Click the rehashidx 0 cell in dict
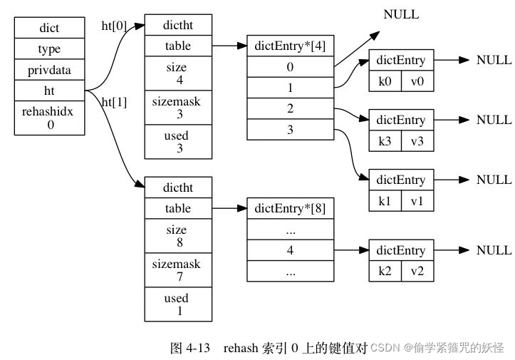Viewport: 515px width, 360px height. click(49, 118)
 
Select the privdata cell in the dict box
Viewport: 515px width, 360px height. click(49, 70)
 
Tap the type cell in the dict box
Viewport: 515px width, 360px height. click(49, 49)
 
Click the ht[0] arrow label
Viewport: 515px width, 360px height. click(114, 27)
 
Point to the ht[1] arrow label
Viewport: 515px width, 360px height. click(114, 102)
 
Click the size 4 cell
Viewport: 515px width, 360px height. click(178, 73)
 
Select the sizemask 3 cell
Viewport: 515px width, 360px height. click(178, 108)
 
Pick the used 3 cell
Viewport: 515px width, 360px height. click(178, 141)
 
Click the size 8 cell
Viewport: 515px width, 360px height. click(178, 236)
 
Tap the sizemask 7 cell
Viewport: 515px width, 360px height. click(178, 270)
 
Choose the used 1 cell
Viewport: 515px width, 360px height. click(178, 304)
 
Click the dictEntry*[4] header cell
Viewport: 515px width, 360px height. click(290, 46)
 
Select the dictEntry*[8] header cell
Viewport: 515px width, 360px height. click(290, 209)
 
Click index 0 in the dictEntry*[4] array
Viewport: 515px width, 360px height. click(290, 67)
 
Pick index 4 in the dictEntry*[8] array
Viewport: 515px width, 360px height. click(290, 250)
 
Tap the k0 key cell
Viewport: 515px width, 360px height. click(385, 81)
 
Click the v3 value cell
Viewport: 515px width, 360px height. click(417, 140)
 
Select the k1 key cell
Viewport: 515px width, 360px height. click(385, 201)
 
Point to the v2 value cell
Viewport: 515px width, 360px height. click(417, 272)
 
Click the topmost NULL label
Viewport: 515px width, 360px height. click(401, 14)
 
